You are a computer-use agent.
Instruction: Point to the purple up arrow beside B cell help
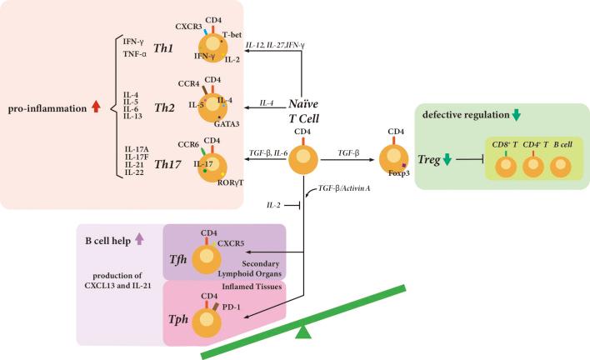click(x=140, y=239)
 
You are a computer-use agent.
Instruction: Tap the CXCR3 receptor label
click(x=189, y=26)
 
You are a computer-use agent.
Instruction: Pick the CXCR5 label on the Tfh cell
click(x=231, y=245)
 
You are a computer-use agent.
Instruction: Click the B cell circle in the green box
click(x=562, y=165)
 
